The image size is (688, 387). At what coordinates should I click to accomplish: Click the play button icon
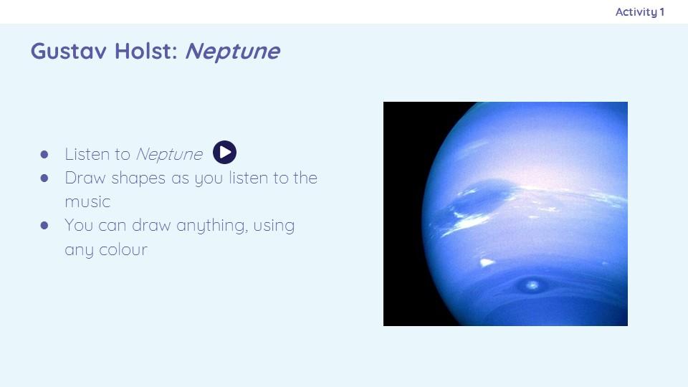pos(224,152)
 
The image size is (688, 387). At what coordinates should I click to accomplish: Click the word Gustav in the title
pos(69,51)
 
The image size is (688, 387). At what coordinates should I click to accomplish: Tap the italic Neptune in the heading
pos(232,52)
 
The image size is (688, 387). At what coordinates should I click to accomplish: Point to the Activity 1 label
pos(640,12)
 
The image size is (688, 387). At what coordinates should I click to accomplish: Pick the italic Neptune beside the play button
pos(169,155)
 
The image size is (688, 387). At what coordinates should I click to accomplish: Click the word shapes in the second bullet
pos(138,178)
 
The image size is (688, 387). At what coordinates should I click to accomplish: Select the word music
pos(87,202)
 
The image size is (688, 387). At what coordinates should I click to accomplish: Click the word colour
pos(123,249)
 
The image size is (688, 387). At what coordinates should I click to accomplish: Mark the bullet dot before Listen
pos(44,155)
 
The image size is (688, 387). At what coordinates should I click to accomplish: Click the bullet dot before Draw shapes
pos(44,178)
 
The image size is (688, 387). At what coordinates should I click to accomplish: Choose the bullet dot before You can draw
pos(44,226)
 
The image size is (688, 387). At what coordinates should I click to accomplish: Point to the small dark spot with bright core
pos(532,286)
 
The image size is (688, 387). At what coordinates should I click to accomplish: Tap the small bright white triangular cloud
pos(486,262)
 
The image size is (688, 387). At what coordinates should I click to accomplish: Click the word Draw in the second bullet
pos(85,178)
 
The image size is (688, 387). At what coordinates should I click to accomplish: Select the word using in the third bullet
pos(274,226)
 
